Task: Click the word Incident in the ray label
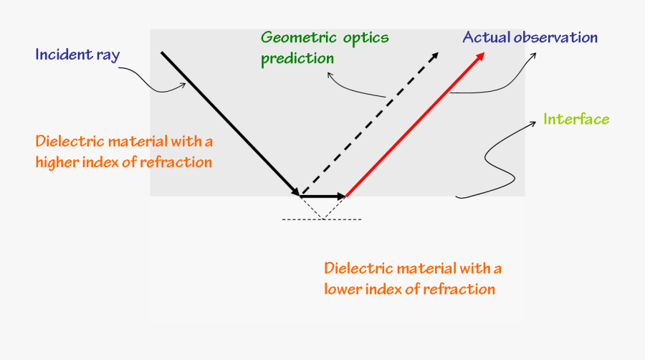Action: (64, 55)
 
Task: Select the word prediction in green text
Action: (297, 58)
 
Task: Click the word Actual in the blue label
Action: (487, 37)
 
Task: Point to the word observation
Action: (555, 37)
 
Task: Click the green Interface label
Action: (576, 119)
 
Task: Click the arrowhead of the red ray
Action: (479, 57)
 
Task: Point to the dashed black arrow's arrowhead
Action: (434, 57)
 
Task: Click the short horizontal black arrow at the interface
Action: (323, 196)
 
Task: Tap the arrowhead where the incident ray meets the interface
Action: (295, 191)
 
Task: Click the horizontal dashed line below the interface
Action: (322, 219)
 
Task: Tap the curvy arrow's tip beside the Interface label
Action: (535, 122)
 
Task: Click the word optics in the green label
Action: (365, 38)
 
